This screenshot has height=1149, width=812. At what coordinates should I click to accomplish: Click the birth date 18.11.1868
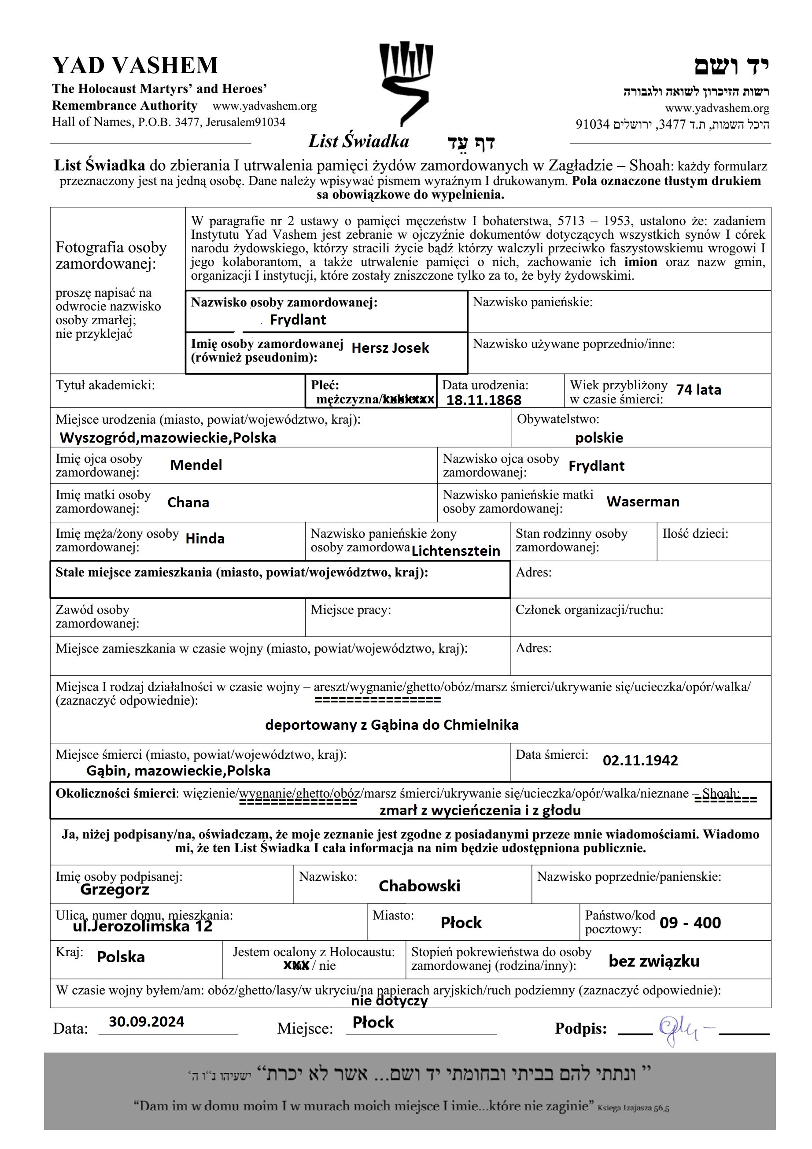click(x=484, y=400)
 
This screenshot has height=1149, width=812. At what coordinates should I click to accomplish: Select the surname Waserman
click(x=642, y=502)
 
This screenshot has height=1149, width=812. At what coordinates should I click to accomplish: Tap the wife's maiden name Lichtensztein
click(x=455, y=551)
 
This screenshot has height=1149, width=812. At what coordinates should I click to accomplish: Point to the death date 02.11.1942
click(x=640, y=760)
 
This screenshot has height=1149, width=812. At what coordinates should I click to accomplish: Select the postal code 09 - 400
click(x=690, y=922)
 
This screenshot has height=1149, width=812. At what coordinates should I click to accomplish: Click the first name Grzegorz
click(x=114, y=889)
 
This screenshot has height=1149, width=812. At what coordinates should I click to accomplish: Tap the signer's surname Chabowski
click(x=419, y=886)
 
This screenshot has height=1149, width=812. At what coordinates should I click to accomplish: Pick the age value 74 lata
click(x=698, y=390)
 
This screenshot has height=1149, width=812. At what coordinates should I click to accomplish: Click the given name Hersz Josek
click(x=390, y=348)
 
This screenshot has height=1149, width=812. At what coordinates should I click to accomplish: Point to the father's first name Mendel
click(x=196, y=465)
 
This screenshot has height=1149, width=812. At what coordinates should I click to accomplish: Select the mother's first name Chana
click(x=188, y=502)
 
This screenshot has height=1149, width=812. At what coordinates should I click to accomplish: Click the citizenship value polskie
click(x=599, y=438)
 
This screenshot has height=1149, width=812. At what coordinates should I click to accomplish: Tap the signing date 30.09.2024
click(x=146, y=1021)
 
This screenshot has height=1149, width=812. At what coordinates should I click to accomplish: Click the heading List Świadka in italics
click(x=358, y=142)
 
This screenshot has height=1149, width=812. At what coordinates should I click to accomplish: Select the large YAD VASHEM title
click(x=135, y=66)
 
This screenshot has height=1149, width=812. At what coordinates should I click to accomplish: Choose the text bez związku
click(x=654, y=961)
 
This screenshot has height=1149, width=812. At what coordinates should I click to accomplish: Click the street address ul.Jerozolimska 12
click(x=143, y=926)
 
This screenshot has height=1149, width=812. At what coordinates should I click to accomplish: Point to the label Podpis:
click(x=580, y=1029)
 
